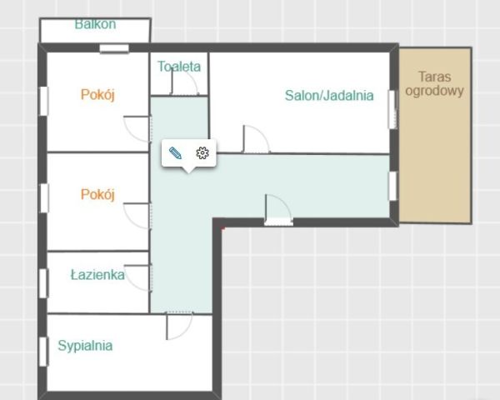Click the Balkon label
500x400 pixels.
[95, 24]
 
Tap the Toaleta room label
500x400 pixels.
[179, 66]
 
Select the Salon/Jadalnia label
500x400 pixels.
[329, 95]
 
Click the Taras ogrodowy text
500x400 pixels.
[434, 84]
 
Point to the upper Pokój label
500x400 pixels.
[97, 94]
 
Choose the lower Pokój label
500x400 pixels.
[97, 194]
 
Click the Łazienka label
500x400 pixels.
[97, 274]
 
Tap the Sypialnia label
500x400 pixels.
[85, 345]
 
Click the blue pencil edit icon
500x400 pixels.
[175, 152]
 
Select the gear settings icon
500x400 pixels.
[202, 152]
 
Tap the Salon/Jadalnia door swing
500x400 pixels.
[255, 139]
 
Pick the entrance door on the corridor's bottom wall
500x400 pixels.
[277, 209]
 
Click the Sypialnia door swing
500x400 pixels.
[178, 326]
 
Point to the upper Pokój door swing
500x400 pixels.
[137, 129]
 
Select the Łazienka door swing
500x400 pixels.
[139, 277]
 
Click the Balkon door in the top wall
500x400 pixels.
[114, 49]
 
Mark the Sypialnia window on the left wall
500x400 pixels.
[42, 351]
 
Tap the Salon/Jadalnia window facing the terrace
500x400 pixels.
[392, 109]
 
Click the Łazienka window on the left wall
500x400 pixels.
[42, 282]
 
